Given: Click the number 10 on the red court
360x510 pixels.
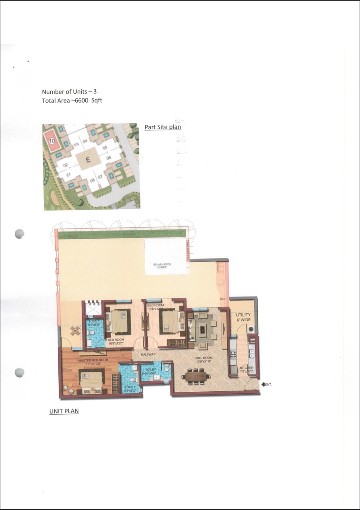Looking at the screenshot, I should click(51, 141).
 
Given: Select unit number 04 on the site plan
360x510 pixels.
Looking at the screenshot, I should click(85, 141).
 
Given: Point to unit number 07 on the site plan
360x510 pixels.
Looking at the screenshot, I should click(100, 176).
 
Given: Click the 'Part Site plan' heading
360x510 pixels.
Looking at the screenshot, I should click(163, 127).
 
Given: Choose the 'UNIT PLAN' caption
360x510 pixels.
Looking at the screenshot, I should click(64, 411).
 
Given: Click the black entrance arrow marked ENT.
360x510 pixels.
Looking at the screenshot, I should click(263, 385).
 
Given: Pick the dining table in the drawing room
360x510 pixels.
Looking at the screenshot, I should click(196, 376).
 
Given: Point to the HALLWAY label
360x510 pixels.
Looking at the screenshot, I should click(148, 354).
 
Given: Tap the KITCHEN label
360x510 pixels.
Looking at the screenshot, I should click(246, 368).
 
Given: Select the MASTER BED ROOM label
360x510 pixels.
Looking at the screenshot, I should click(93, 360).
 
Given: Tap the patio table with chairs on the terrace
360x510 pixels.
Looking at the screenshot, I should click(75, 331).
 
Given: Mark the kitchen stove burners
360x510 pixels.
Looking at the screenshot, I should click(233, 354).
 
